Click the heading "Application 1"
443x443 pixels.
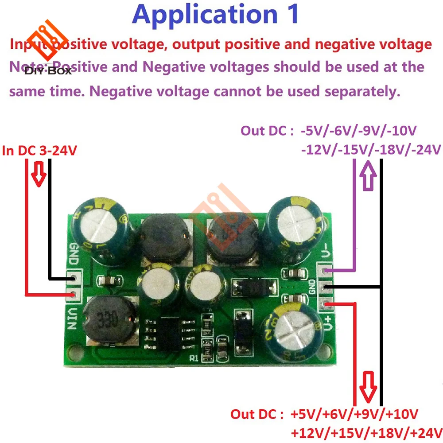click(x=215, y=14)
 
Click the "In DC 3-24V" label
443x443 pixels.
click(x=40, y=151)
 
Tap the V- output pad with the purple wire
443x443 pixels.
click(x=327, y=270)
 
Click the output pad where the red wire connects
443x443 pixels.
click(x=327, y=304)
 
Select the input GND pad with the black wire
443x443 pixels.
click(x=74, y=278)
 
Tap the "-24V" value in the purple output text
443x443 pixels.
click(x=424, y=149)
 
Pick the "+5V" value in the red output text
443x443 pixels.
click(x=302, y=415)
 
